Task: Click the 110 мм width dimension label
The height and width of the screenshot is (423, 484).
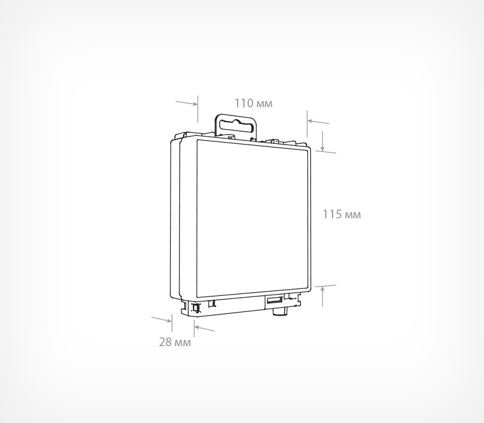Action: click(x=253, y=104)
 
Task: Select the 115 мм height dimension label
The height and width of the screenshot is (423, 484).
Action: click(x=342, y=215)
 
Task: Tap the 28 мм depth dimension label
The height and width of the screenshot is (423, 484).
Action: click(x=175, y=342)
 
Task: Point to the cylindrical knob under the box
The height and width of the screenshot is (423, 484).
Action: click(x=279, y=311)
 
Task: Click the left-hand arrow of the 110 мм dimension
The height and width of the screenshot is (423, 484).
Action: click(x=186, y=103)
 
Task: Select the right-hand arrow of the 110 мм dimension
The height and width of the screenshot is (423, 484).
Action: click(x=318, y=122)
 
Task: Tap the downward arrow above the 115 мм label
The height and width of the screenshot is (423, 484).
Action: click(x=322, y=141)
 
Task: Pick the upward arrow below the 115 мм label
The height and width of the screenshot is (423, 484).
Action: click(x=323, y=296)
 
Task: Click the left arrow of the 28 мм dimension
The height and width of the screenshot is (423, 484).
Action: click(x=161, y=319)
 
